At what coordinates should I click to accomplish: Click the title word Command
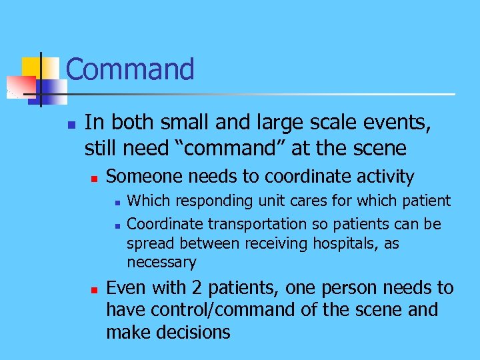coord(130,69)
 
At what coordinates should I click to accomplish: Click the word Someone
coord(144,177)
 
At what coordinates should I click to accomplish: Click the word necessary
coord(161,263)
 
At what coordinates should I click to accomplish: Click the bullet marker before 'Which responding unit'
coord(116,201)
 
